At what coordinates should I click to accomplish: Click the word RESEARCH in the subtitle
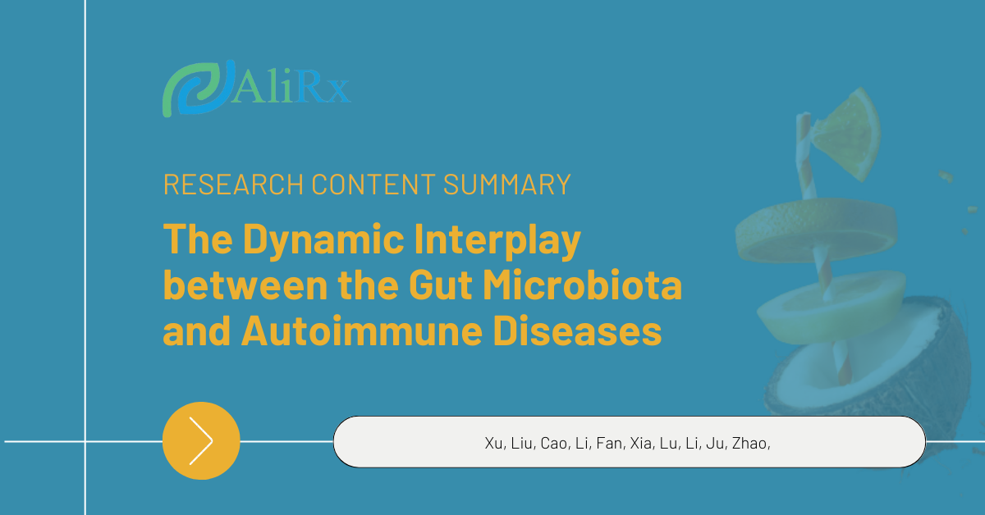[233, 185]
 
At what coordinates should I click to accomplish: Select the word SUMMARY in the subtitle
[507, 185]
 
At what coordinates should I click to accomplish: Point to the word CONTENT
[373, 185]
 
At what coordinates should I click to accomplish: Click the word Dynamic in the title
[323, 240]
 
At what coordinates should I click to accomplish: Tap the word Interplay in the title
[497, 240]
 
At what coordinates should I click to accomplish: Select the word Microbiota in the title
[583, 285]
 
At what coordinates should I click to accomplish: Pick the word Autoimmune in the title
[362, 330]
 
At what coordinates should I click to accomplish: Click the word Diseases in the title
[577, 330]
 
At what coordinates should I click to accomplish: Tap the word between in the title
[245, 285]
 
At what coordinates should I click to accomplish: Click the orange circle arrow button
[201, 440]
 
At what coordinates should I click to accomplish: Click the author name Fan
[609, 444]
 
